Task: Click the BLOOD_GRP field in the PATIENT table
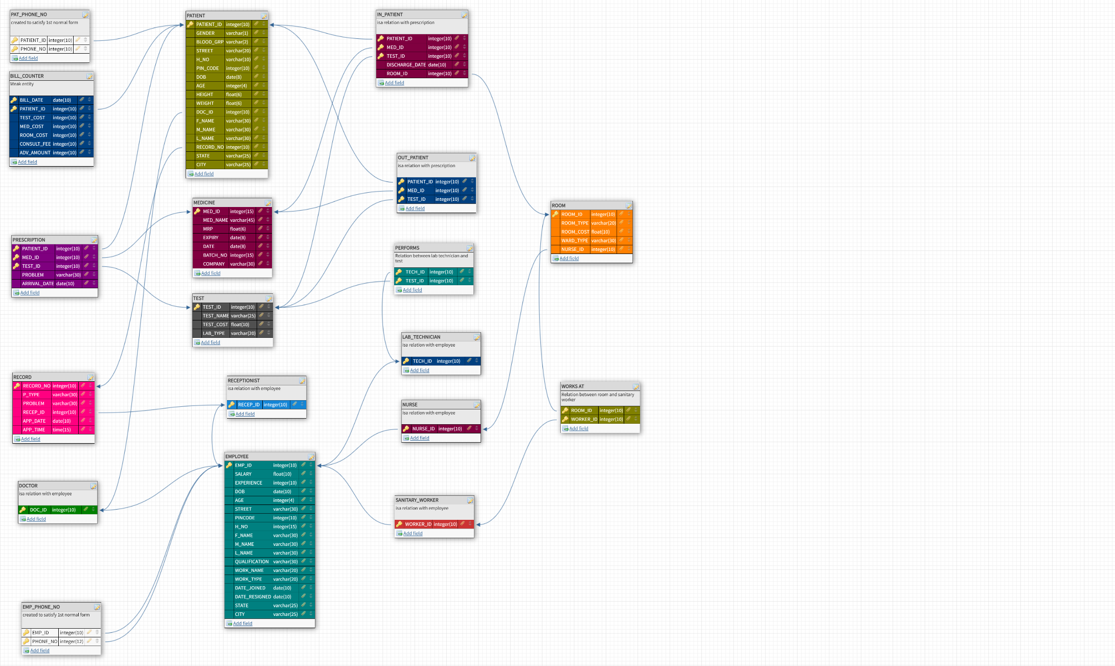tap(210, 42)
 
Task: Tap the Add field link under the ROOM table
tap(568, 259)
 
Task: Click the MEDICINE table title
tap(204, 203)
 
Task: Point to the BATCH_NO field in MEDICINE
tap(215, 255)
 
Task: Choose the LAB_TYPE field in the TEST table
tap(213, 333)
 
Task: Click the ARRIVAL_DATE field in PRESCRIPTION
tap(38, 284)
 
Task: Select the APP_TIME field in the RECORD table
tap(34, 430)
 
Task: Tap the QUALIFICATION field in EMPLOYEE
tap(252, 562)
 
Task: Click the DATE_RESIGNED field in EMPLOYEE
tap(253, 597)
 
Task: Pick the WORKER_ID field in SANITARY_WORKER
tap(418, 524)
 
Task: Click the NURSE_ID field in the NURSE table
tap(423, 429)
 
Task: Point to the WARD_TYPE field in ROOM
tap(575, 241)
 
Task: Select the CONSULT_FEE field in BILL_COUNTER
tap(35, 144)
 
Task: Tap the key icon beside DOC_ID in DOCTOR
tap(23, 510)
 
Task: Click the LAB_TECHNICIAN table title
tap(421, 337)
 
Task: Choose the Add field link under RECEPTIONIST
tap(244, 414)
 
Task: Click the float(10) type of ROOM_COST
tap(600, 232)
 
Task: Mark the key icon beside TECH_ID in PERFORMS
tap(399, 272)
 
